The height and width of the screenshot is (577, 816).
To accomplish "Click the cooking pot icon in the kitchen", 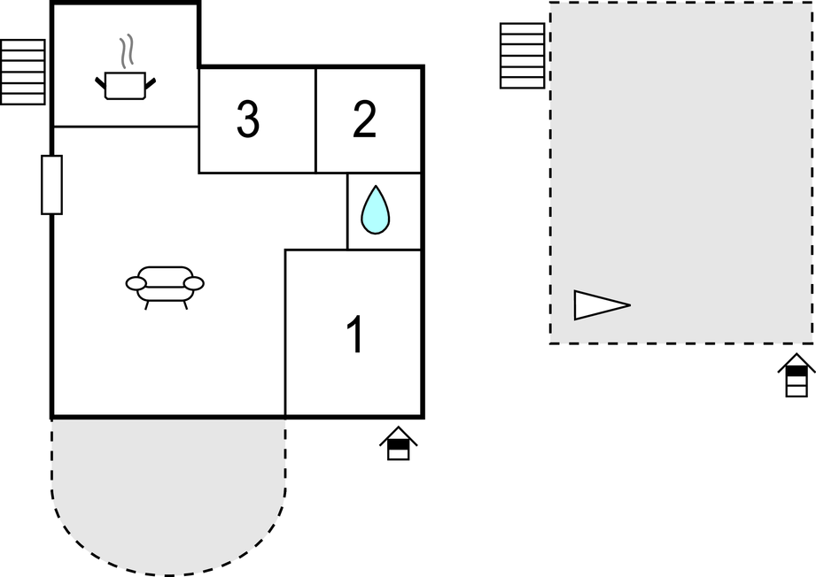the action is point(126,86).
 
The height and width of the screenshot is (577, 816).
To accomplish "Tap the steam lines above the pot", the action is point(127,51).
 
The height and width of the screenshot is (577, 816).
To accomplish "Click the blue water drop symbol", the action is point(375,210).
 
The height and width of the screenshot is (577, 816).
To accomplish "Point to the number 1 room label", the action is point(356,335).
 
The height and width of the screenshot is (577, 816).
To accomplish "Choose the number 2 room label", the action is point(364,119).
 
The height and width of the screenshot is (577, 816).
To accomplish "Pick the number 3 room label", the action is point(248,119).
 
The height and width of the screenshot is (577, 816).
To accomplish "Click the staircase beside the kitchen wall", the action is point(23,72).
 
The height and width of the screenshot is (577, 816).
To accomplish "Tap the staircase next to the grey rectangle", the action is point(523,56).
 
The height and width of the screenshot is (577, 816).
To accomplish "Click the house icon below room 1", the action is point(398,443).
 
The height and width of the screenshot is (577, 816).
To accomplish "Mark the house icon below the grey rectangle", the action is point(797,375).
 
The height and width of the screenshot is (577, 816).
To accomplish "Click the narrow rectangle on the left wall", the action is point(52,185).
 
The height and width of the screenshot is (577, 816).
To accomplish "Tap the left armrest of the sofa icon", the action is point(136,283).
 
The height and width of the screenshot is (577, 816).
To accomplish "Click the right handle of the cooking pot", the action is point(150,83).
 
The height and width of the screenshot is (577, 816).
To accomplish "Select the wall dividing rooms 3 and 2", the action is point(315,120).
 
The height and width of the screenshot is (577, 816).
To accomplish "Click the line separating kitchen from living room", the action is point(126,127).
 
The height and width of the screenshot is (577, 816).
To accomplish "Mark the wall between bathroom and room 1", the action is point(384,250).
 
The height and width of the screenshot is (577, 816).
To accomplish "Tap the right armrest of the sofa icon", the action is point(194,283).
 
